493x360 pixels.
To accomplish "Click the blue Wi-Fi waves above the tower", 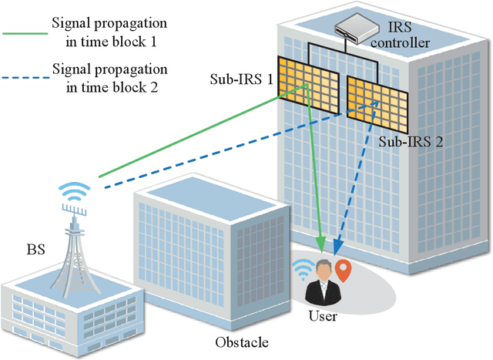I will (x=75, y=190).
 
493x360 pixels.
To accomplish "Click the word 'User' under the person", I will (x=323, y=315).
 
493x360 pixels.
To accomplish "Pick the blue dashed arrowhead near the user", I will (x=336, y=247).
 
